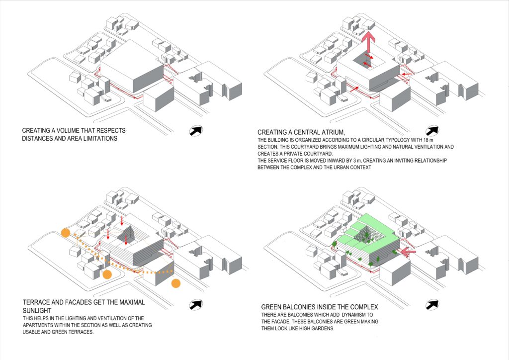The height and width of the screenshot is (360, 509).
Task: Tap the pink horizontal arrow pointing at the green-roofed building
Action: [x=408, y=252]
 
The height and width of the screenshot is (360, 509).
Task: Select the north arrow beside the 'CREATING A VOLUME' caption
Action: [x=196, y=130]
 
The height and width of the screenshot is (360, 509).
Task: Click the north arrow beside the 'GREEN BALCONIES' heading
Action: [x=432, y=304]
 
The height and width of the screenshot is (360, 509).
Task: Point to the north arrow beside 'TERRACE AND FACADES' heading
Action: [x=196, y=304]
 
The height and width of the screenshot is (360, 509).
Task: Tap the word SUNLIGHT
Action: [x=37, y=310]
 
